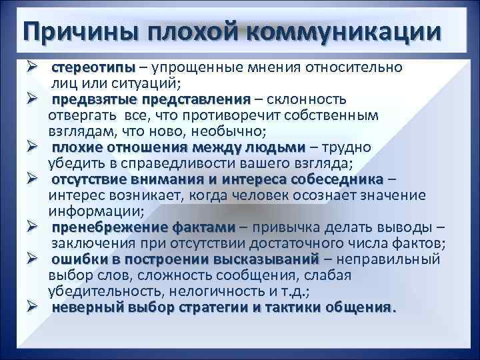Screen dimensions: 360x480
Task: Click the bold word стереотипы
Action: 93,68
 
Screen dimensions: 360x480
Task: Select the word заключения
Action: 89,243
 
